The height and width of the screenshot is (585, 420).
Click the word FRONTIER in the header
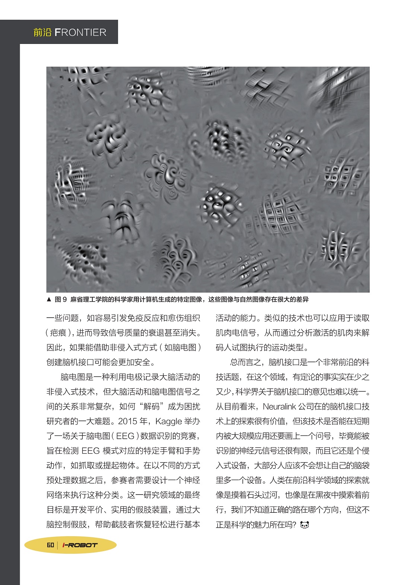(x=80, y=32)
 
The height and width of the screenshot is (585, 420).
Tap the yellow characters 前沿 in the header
(x=42, y=32)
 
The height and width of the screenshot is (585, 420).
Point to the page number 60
(x=50, y=545)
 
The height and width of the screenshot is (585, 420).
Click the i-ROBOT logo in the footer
(x=80, y=545)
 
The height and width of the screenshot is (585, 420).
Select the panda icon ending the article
(x=305, y=525)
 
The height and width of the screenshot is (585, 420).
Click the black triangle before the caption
(x=49, y=299)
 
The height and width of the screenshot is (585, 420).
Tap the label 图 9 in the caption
(x=60, y=299)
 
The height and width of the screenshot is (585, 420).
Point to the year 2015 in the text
(x=128, y=421)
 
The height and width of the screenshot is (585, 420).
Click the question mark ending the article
(x=294, y=525)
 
